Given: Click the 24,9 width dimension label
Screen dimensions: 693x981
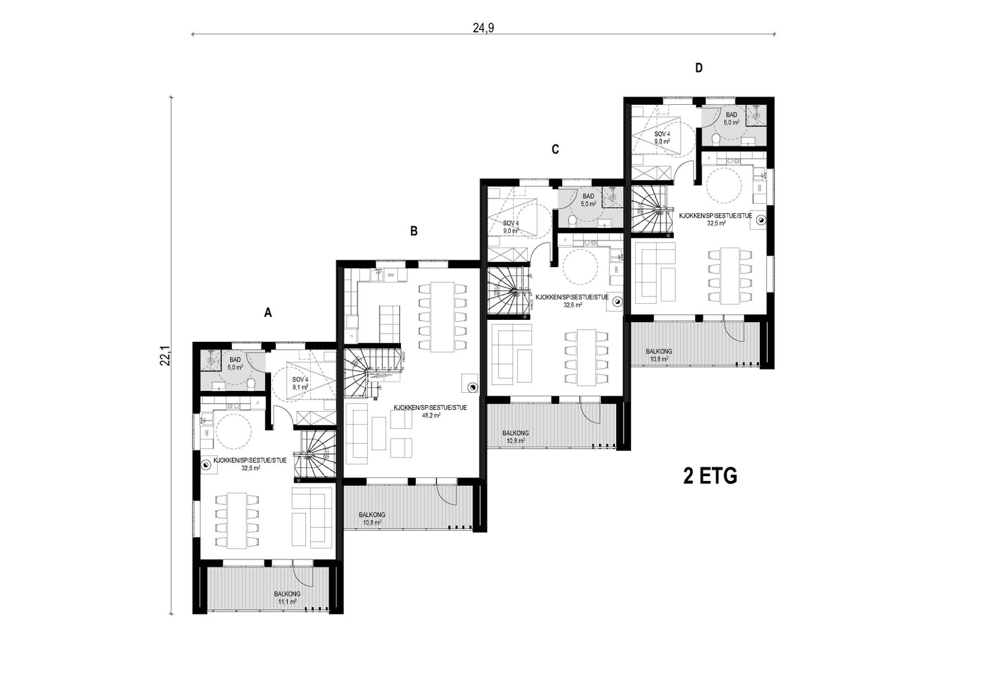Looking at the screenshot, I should (483, 28).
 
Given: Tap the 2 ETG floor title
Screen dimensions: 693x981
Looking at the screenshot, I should (710, 476).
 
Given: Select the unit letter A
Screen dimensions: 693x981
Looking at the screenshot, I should (267, 312).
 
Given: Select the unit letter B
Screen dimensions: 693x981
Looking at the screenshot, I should (414, 231).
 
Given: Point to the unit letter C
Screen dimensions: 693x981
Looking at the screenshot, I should (555, 149).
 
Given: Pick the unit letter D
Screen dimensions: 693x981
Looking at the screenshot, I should (698, 68).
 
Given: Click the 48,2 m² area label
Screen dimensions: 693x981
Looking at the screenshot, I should (430, 414).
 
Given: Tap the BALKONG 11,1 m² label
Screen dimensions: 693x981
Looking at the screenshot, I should (286, 598).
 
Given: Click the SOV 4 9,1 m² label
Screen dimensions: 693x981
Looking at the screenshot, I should (300, 384).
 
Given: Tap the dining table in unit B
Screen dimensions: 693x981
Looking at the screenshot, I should (443, 316).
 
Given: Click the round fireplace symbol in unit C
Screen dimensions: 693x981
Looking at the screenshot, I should (617, 301).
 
